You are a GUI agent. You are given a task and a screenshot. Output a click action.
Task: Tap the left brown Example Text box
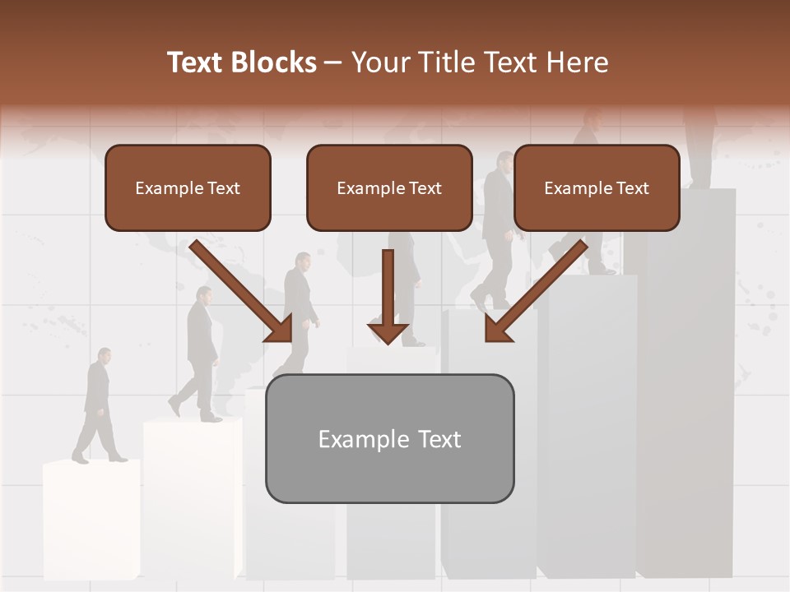[188, 187]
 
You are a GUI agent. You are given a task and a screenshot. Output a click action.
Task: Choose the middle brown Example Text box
[389, 187]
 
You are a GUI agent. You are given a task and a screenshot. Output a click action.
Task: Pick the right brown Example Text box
[597, 187]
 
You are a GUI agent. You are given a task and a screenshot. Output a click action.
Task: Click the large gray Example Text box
[389, 438]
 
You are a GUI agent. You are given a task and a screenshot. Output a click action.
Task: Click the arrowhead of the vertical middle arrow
[388, 334]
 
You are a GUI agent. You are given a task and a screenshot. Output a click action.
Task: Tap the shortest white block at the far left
[91, 518]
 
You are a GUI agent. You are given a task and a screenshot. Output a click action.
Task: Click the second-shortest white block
[191, 493]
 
